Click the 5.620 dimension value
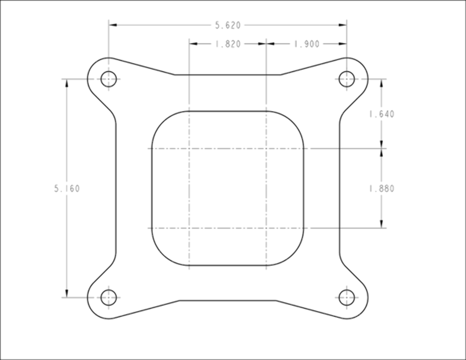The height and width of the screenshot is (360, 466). click(x=228, y=25)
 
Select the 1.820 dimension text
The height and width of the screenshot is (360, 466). click(x=228, y=44)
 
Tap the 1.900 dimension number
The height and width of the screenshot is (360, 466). click(x=307, y=44)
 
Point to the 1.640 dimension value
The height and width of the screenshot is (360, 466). click(x=382, y=114)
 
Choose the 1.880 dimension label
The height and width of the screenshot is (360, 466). click(x=382, y=189)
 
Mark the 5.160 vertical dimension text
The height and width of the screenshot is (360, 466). click(x=67, y=189)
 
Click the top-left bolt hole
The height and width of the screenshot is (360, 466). click(x=109, y=79)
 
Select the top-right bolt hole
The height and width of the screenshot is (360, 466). click(x=347, y=79)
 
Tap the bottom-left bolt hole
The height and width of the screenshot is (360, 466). click(x=109, y=297)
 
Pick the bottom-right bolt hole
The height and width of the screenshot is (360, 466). click(x=347, y=297)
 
